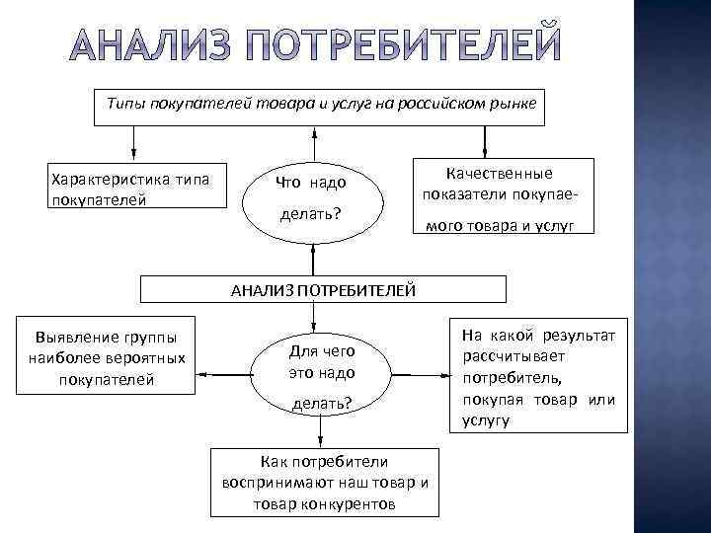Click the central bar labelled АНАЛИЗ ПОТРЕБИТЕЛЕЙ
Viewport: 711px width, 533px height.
tap(323, 289)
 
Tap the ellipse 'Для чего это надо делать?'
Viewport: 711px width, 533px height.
tap(320, 375)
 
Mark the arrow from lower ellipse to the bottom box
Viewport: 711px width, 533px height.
tap(320, 435)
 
